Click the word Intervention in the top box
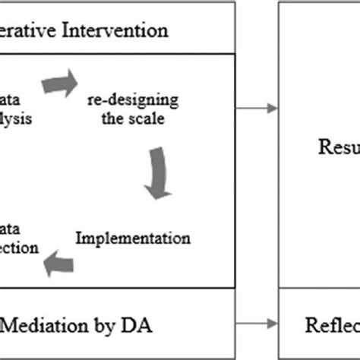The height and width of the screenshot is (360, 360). pos(118,31)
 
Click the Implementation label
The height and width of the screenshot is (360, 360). pos(134,238)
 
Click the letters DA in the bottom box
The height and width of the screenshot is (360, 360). pos(137,327)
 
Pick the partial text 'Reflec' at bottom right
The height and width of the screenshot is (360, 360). pos(331,327)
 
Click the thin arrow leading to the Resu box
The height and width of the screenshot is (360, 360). pos(255,109)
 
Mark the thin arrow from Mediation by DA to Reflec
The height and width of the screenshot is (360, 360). pos(255,327)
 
